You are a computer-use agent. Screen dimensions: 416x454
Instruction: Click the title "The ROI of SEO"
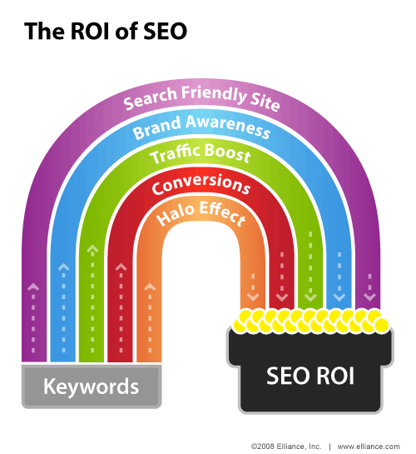(x=106, y=31)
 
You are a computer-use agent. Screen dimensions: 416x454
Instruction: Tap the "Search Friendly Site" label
(x=201, y=98)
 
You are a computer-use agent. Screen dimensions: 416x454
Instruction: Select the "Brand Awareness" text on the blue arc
(x=201, y=127)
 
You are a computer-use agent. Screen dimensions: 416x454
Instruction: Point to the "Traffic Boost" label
(x=200, y=153)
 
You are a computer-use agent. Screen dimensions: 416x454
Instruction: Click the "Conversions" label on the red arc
(x=201, y=184)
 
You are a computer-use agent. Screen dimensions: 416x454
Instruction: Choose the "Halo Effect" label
(x=201, y=213)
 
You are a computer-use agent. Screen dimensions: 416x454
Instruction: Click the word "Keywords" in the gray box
(x=91, y=387)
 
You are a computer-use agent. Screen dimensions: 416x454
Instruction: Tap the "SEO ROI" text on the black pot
(x=310, y=376)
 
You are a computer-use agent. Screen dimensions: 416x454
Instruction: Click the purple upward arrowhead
(x=33, y=287)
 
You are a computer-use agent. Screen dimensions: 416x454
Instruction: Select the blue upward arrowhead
(x=63, y=267)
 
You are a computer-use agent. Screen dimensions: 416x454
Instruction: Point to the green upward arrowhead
(x=92, y=249)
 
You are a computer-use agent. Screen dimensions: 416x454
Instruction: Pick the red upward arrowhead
(x=121, y=267)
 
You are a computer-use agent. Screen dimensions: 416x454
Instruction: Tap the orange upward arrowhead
(x=150, y=287)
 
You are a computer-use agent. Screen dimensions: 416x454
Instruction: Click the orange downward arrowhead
(x=253, y=297)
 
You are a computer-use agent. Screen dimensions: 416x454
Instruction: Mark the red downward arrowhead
(x=282, y=297)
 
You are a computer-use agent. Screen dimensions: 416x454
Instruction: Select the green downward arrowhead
(x=310, y=297)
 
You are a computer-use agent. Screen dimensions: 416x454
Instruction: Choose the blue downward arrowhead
(x=339, y=297)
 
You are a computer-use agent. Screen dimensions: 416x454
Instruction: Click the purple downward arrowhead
(x=369, y=297)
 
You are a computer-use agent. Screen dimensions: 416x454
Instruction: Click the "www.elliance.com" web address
(x=369, y=447)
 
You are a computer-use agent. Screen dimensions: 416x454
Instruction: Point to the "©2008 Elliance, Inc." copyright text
(x=286, y=447)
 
